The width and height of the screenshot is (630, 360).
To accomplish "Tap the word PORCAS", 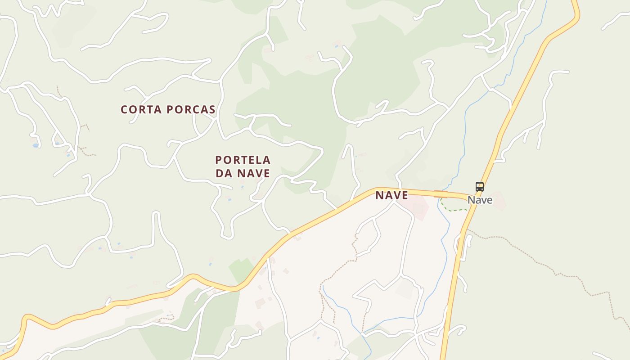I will click(x=191, y=109).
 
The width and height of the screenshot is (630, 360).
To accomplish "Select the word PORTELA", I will click(x=243, y=160).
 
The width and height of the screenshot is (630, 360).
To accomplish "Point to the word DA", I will click(x=224, y=173).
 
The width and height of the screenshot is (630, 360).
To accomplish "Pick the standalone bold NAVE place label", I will click(x=391, y=195).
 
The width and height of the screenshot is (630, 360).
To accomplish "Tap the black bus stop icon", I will click(x=480, y=186).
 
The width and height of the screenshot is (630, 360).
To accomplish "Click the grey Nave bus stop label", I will click(x=480, y=200).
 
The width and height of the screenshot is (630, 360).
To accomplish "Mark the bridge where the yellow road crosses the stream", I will click(x=441, y=193).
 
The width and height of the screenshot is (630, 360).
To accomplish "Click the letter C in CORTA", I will click(x=124, y=109).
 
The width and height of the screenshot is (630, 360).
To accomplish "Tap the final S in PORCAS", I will click(x=212, y=109).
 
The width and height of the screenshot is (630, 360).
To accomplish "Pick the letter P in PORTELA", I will click(x=218, y=160).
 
